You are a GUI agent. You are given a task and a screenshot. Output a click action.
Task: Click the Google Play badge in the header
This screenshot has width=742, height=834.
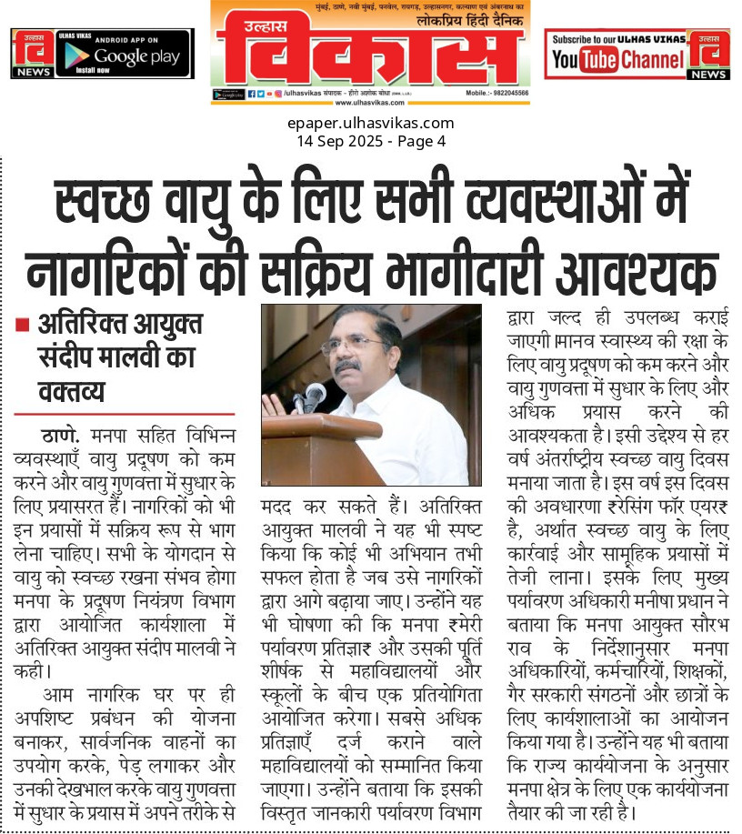coord(124,53)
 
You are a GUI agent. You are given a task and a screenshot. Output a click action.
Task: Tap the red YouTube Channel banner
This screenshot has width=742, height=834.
coord(617,54)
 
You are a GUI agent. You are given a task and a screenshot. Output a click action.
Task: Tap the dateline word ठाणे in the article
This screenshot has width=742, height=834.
coord(60,433)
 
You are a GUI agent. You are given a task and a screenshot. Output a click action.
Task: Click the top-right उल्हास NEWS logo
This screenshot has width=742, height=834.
coord(708,54)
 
